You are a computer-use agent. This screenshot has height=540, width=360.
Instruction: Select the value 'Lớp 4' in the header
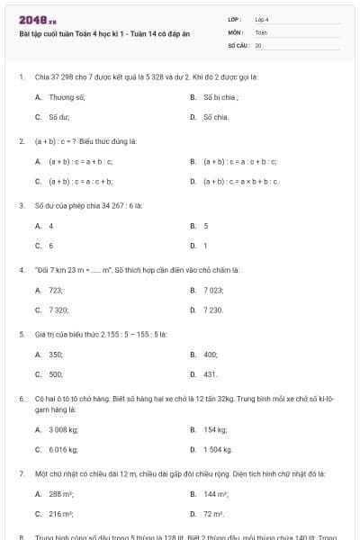[x=262, y=19]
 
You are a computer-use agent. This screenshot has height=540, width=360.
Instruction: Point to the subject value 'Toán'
[x=261, y=31]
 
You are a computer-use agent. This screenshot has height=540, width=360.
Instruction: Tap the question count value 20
[x=258, y=44]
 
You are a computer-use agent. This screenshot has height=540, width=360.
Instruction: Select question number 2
[x=21, y=141]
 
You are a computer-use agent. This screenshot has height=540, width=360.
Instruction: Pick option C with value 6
[x=51, y=245]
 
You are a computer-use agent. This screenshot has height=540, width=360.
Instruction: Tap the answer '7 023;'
[x=214, y=290]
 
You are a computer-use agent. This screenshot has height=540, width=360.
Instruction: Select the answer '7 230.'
[x=213, y=310]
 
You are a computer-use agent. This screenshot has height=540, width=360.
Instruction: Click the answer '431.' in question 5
[x=211, y=373]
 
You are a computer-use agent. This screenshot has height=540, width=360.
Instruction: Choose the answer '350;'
[x=56, y=355]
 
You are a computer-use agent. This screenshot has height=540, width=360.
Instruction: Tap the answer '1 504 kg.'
[x=218, y=449]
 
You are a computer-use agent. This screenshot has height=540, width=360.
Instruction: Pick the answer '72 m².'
[x=214, y=514]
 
